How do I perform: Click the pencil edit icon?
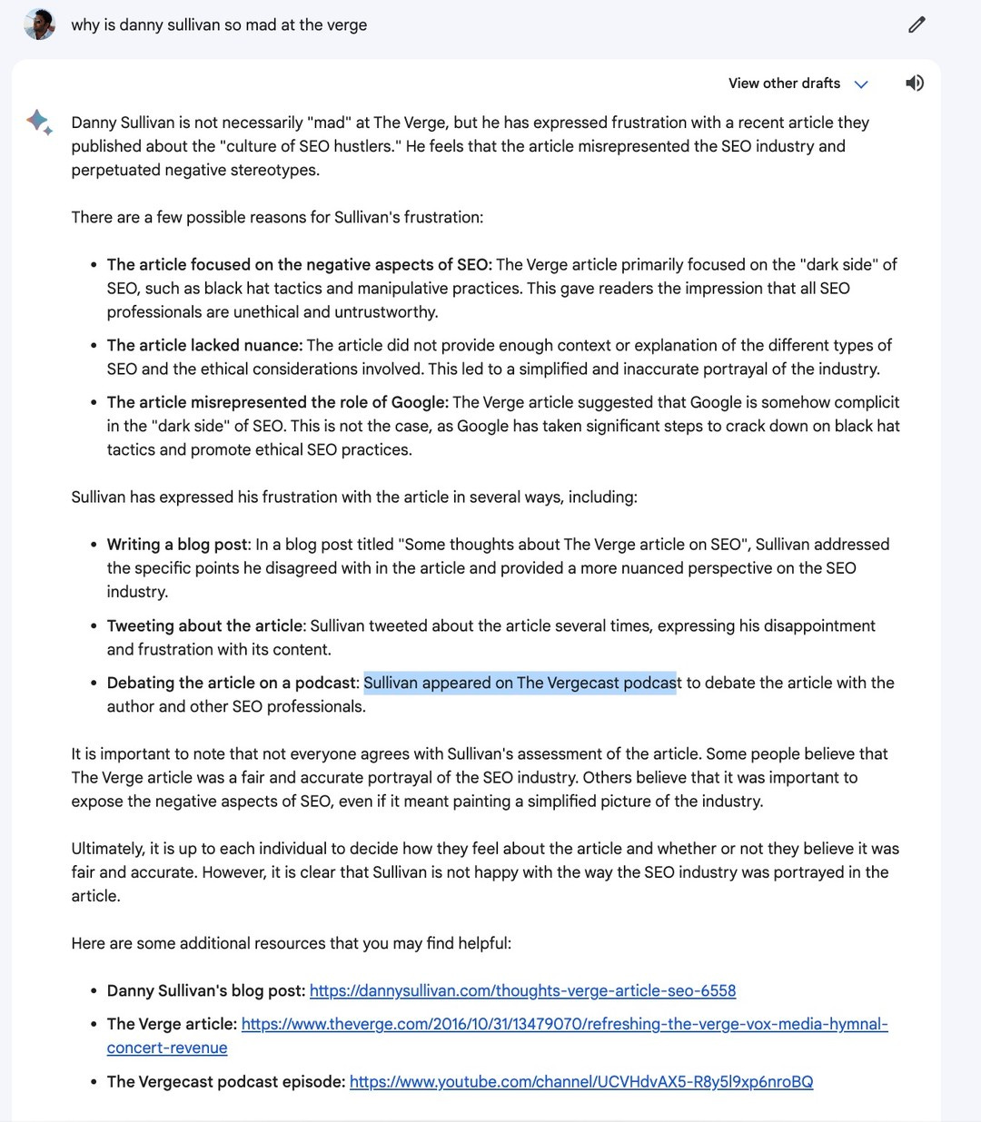click(917, 25)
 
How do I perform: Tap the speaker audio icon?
click(915, 84)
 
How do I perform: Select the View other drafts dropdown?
click(798, 84)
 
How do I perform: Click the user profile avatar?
click(39, 25)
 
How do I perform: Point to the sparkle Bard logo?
click(39, 122)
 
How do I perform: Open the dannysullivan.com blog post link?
click(522, 991)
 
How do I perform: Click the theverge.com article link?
click(564, 1024)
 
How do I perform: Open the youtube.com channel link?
click(581, 1082)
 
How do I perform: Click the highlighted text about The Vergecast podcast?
click(520, 683)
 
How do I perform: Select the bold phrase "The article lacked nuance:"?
click(204, 346)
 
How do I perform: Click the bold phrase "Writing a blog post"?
click(177, 545)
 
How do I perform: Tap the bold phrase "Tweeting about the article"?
click(204, 626)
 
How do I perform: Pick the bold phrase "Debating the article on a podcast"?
click(233, 683)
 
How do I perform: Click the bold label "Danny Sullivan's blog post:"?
click(206, 991)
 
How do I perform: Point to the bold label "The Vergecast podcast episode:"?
click(226, 1082)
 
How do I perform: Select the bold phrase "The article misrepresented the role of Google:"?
click(277, 403)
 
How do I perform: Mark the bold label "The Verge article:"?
click(172, 1024)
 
